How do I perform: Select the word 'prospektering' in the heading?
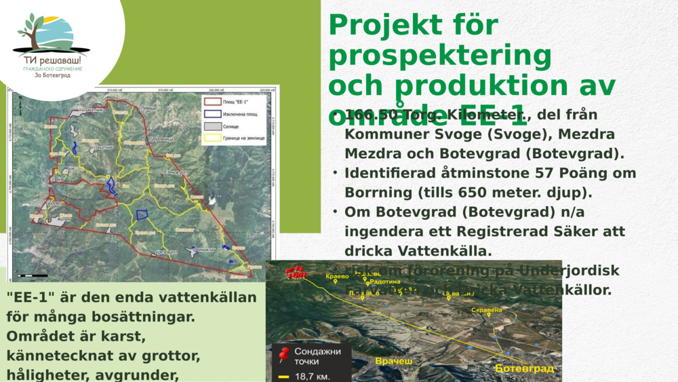(x=440, y=55)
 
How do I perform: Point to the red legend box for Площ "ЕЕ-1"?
(x=212, y=102)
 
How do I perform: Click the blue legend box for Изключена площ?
(x=212, y=114)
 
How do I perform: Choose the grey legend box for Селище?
(x=212, y=126)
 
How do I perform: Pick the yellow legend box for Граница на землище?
(x=212, y=138)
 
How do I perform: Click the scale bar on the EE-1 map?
(x=33, y=275)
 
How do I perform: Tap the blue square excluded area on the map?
(x=142, y=214)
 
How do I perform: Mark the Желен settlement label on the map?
(x=64, y=218)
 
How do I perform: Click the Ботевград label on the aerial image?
(x=524, y=368)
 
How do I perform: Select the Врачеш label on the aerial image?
(x=393, y=362)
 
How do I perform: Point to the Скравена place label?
(x=486, y=310)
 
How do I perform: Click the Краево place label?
(x=337, y=276)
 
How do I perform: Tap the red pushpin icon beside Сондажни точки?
(x=284, y=354)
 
